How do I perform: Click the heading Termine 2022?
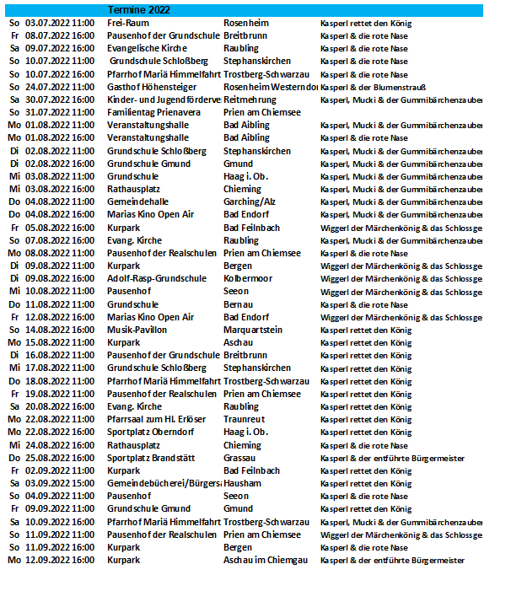(138, 9)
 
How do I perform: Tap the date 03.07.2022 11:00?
(59, 23)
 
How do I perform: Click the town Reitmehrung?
(250, 99)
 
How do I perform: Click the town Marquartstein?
(253, 330)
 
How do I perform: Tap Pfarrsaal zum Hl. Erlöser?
(157, 419)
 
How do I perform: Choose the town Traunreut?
(245, 419)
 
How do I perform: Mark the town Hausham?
(243, 483)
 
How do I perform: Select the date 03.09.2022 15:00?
(59, 483)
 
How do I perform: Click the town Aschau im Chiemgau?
(264, 560)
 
